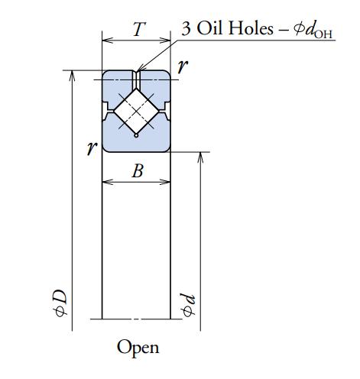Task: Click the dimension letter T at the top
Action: pos(139,29)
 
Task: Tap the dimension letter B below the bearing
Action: pos(138,170)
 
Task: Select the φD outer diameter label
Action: pos(61,303)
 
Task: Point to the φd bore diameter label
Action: pos(188,305)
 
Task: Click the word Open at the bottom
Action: pos(138,348)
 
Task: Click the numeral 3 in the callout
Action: pos(186,28)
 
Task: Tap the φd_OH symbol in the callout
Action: pos(313,30)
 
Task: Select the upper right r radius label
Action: pos(183,66)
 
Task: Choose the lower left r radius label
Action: pos(92,147)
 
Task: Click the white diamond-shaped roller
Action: pos(136,111)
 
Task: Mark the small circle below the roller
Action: pos(136,135)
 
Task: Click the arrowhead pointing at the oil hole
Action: pos(140,68)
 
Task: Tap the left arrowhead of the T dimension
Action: pos(107,40)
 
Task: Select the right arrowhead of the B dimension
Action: pos(165,182)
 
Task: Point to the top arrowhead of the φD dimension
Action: pos(72,76)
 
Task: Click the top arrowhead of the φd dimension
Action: pos(200,157)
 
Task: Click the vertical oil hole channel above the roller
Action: pos(136,79)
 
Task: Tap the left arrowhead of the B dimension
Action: pos(107,182)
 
